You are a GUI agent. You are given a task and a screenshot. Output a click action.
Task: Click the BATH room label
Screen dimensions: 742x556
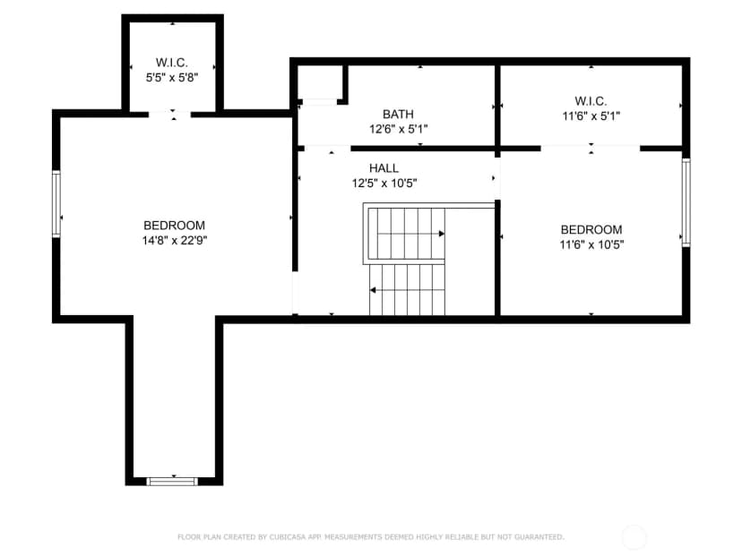tap(398, 114)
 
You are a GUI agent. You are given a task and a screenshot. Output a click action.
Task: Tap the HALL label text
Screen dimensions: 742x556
tap(384, 167)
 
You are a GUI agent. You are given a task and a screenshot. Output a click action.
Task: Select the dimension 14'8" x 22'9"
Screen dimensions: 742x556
tap(175, 240)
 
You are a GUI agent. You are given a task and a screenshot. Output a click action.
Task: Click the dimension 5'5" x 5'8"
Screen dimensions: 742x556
tap(172, 77)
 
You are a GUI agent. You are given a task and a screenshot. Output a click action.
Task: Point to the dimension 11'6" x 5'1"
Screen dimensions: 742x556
tap(591, 115)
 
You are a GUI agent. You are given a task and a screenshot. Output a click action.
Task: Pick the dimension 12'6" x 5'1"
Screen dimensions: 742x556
tap(399, 129)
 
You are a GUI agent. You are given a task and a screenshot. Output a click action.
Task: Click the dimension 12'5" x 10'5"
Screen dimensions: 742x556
tap(384, 183)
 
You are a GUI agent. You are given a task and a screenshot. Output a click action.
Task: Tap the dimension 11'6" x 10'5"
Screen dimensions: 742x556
tap(591, 244)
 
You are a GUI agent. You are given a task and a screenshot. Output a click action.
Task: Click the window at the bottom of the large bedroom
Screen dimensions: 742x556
tap(172, 482)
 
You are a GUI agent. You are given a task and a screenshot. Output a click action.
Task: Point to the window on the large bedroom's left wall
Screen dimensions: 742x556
tap(56, 204)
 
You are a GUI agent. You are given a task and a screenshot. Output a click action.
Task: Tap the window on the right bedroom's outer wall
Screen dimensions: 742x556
tap(686, 202)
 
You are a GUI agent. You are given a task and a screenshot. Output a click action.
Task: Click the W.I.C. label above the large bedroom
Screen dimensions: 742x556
tap(172, 63)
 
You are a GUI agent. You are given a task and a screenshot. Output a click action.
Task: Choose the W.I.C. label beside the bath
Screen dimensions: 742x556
tap(591, 100)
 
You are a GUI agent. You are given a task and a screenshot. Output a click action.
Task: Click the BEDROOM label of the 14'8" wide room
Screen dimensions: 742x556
tap(174, 225)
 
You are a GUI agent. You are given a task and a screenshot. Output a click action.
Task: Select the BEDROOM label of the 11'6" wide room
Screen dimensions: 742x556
tap(591, 229)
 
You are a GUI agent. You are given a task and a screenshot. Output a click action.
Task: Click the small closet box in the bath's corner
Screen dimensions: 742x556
tap(319, 83)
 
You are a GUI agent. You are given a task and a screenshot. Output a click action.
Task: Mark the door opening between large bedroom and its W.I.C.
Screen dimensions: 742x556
tap(169, 114)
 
